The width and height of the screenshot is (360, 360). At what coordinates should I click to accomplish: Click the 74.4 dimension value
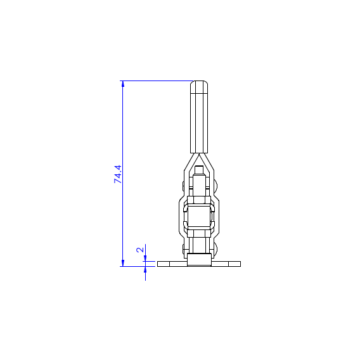tap(118, 174)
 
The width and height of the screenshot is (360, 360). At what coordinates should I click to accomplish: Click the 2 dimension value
tap(140, 250)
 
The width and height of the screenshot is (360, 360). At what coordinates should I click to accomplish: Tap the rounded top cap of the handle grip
tap(199, 87)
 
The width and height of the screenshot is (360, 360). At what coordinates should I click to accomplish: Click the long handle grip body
tap(199, 123)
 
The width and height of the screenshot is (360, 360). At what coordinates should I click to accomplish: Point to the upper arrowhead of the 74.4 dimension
tap(123, 84)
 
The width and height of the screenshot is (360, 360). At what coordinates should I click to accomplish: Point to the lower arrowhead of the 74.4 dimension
tap(123, 263)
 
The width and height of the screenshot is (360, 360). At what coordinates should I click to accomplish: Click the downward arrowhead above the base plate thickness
tap(145, 259)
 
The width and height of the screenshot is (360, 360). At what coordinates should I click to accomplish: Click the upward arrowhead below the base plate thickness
tap(145, 270)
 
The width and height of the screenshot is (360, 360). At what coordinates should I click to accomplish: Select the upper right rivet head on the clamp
tap(215, 185)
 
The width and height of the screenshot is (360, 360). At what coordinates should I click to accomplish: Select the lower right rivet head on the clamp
tap(215, 249)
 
